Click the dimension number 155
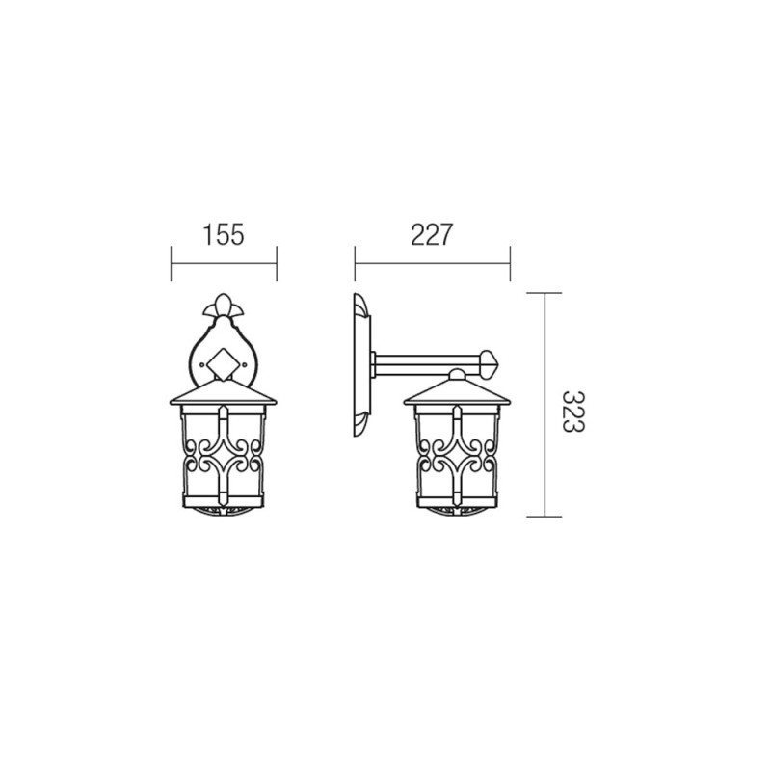[224, 234]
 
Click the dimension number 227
[431, 234]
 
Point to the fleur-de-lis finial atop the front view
[224, 306]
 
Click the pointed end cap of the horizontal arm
[490, 364]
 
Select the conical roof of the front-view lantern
[224, 394]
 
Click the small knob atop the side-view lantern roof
[457, 375]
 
